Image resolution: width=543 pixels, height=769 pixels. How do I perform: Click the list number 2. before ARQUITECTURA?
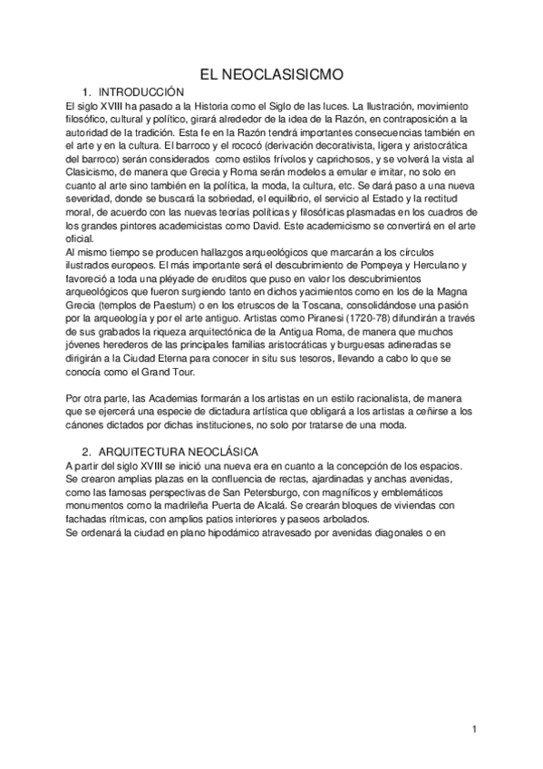pos(86,451)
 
